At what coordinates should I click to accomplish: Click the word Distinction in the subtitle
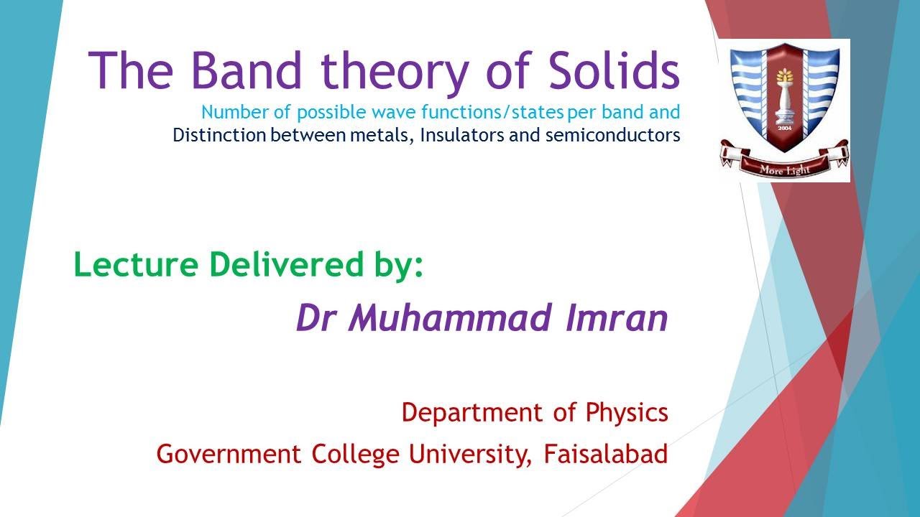pyautogui.click(x=218, y=135)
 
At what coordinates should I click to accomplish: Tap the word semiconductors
pyautogui.click(x=612, y=135)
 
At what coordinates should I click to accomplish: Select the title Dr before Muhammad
pyautogui.click(x=316, y=319)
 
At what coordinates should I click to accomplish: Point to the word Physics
pyautogui.click(x=627, y=414)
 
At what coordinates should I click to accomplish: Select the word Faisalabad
pyautogui.click(x=606, y=455)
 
